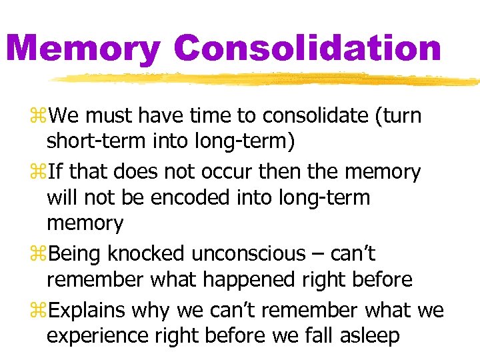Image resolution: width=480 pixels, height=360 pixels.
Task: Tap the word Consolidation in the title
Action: pyautogui.click(x=307, y=48)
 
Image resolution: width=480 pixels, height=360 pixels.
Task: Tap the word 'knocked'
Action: pyautogui.click(x=147, y=253)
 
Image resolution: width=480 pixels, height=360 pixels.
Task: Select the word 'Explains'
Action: pyautogui.click(x=89, y=310)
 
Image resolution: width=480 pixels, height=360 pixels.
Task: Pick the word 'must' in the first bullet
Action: pyautogui.click(x=111, y=117)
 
